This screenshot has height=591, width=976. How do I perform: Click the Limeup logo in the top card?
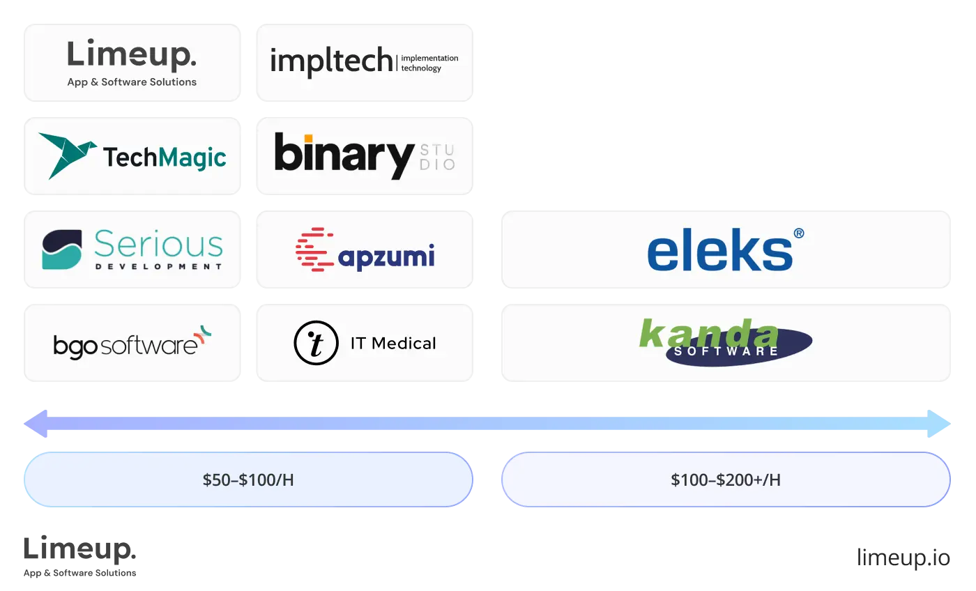(x=132, y=56)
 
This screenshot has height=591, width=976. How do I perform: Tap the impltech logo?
(x=331, y=62)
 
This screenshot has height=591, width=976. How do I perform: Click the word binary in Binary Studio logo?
(x=344, y=155)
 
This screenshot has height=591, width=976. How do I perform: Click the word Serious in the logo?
(x=158, y=245)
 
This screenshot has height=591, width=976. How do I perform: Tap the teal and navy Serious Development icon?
(x=62, y=250)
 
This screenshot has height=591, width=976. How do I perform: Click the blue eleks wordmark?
(x=719, y=253)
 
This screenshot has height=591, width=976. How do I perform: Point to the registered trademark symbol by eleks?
(x=798, y=233)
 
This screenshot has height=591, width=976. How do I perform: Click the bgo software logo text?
(x=125, y=345)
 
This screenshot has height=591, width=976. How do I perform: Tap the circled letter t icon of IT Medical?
(x=316, y=344)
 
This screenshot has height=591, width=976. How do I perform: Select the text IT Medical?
(x=393, y=344)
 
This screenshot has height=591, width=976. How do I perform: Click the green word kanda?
(x=708, y=333)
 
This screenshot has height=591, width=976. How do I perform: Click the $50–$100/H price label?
(x=248, y=480)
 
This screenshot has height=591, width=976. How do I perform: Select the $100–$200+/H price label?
(x=726, y=480)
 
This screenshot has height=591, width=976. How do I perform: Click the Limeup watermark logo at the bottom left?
(x=80, y=555)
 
